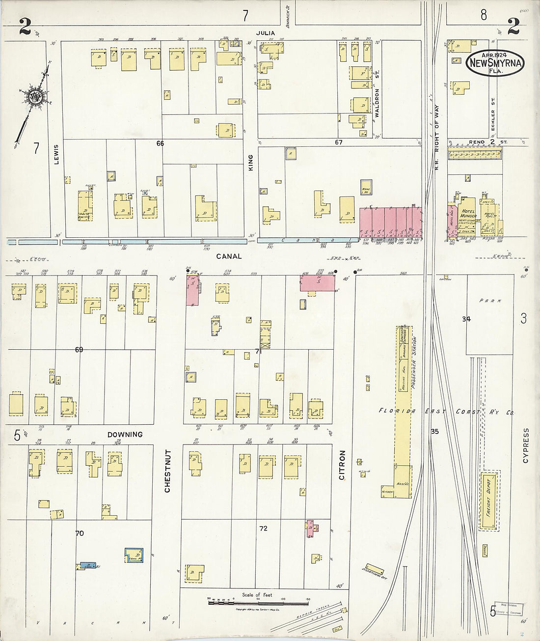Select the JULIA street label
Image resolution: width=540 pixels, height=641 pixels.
click(x=265, y=33)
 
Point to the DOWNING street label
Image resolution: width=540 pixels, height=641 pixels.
click(x=125, y=434)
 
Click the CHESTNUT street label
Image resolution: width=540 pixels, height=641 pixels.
click(x=167, y=471)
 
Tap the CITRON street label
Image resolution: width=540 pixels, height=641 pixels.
click(x=342, y=465)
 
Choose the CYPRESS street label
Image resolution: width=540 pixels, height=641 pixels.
click(x=526, y=445)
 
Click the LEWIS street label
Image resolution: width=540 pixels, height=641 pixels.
click(x=56, y=154)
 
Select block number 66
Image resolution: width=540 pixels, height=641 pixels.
click(x=160, y=143)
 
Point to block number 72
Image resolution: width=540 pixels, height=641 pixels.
click(x=264, y=529)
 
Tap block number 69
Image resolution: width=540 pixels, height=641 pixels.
click(x=79, y=350)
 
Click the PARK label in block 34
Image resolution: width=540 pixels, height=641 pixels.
click(x=489, y=301)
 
